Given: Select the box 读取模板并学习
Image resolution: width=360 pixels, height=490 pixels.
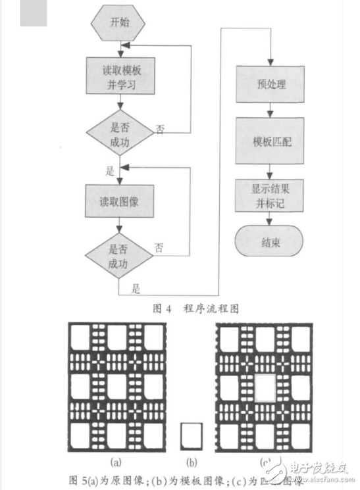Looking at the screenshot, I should (x=118, y=77).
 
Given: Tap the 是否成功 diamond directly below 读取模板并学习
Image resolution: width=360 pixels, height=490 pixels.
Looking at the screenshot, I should (x=118, y=128).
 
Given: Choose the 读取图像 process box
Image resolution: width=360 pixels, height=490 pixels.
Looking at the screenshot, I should (x=118, y=201).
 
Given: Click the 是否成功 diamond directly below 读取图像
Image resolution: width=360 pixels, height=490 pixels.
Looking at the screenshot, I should (x=118, y=256).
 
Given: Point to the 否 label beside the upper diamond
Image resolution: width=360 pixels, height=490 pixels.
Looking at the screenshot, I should (x=160, y=130).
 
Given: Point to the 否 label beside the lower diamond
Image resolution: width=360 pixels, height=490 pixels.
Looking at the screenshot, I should (x=159, y=248).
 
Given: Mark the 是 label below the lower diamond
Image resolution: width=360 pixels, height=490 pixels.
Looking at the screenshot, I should (x=136, y=288).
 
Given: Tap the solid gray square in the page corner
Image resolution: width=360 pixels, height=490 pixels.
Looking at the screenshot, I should (x=34, y=13).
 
